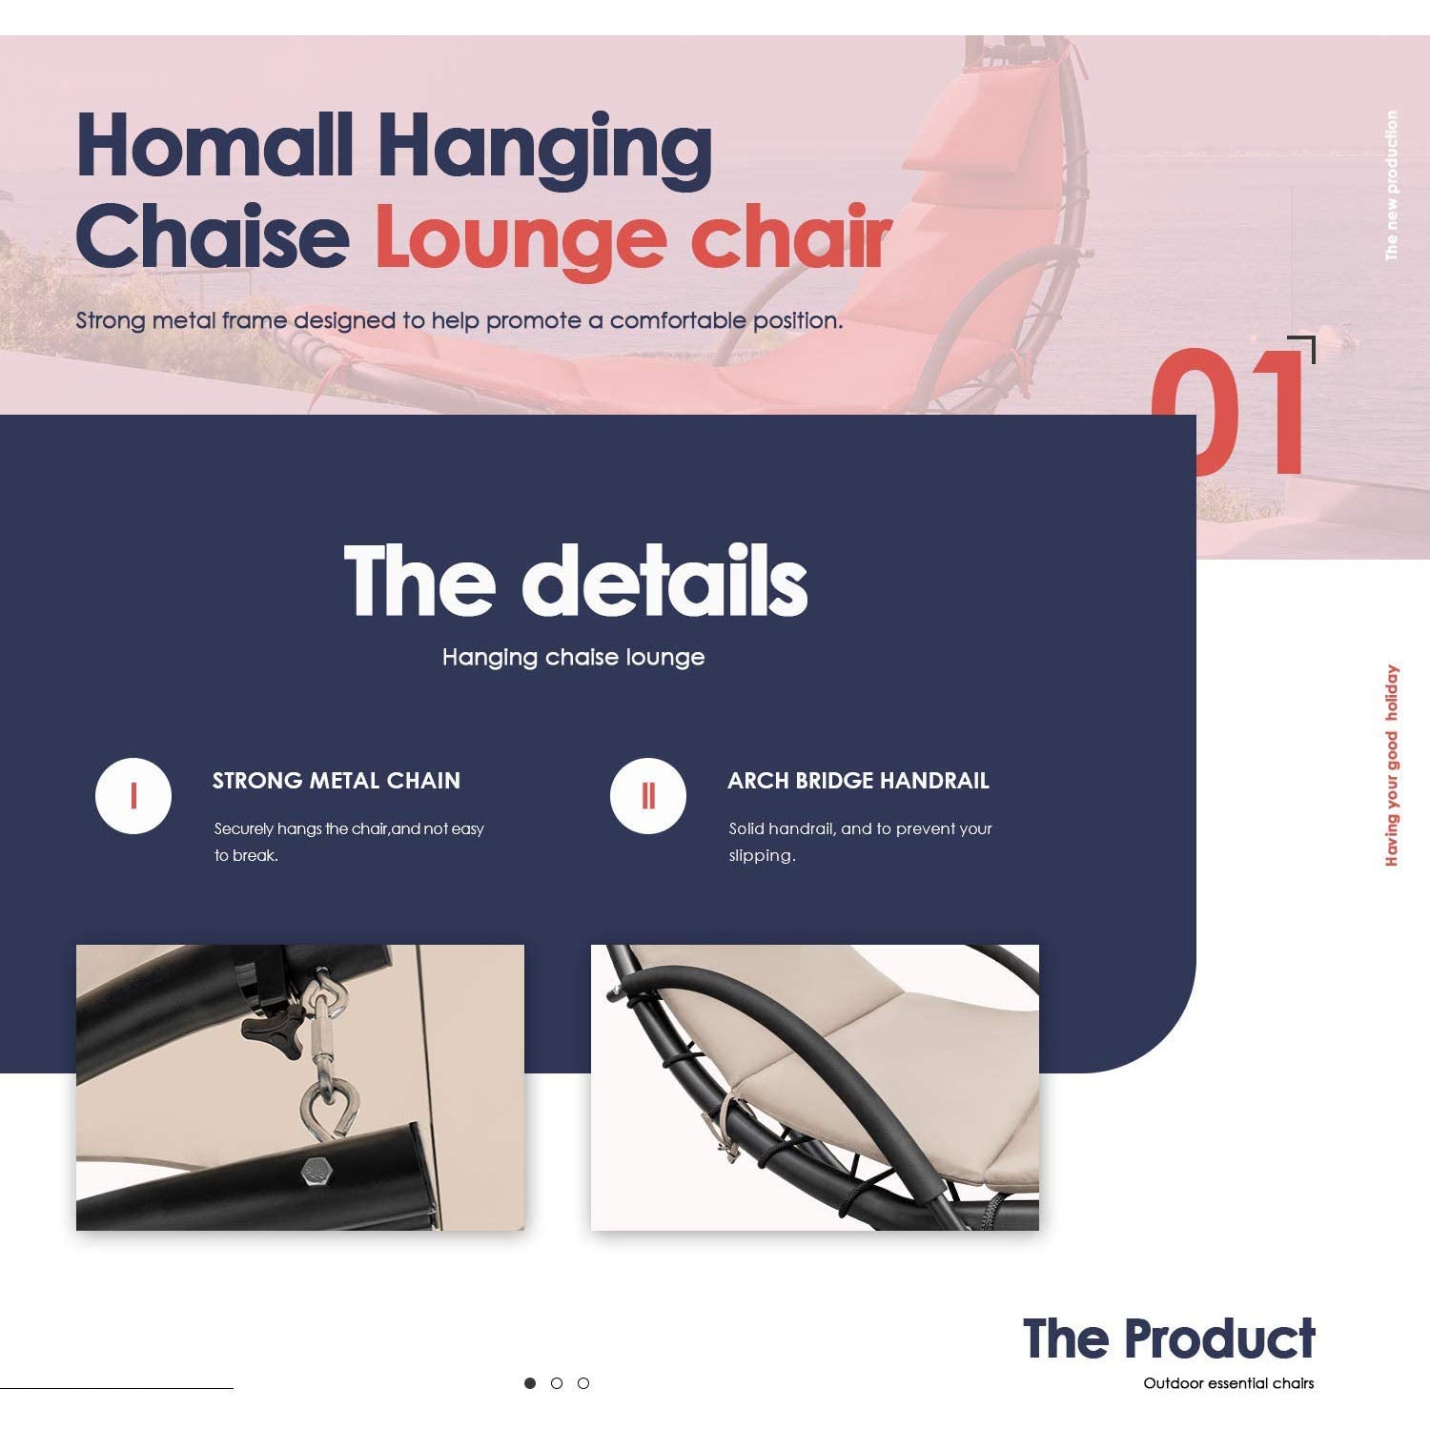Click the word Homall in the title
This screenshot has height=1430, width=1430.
pos(215,145)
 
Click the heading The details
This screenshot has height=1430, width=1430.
pos(576,580)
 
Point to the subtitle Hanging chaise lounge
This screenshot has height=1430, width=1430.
pos(573,657)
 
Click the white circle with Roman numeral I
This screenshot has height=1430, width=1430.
pos(133,796)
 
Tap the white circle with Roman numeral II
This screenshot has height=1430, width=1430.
pos(648,796)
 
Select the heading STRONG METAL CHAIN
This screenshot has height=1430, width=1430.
pos(337,781)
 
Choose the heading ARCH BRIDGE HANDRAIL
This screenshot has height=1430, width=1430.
pos(858,781)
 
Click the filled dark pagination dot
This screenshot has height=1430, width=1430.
pos(530,1383)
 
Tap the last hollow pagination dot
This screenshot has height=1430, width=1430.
pos(583,1383)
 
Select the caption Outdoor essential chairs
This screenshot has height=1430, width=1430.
pos(1229,1383)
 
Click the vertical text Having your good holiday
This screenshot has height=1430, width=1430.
pos(1392,766)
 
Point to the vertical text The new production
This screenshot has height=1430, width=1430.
pos(1392,185)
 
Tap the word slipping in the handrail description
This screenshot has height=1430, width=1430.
pos(762,855)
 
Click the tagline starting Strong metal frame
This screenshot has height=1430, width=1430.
pos(460,320)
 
